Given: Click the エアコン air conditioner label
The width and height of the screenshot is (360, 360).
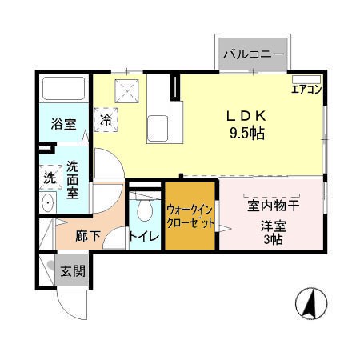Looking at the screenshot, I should [306, 90].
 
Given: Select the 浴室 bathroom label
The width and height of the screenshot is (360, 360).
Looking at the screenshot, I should [63, 124].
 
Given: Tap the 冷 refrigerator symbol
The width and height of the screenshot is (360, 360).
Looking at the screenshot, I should [106, 121].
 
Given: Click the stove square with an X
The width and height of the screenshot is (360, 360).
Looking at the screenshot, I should [127, 90].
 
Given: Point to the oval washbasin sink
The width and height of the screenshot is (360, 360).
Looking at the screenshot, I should [46, 203].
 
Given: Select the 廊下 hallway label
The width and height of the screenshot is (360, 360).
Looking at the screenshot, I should [88, 236].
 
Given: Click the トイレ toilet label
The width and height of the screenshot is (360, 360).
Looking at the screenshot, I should [144, 236].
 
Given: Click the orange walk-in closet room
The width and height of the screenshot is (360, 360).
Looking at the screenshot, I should [190, 216].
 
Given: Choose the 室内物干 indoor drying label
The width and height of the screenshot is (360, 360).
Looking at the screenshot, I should [273, 205].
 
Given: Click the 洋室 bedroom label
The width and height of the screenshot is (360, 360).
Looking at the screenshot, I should [272, 224].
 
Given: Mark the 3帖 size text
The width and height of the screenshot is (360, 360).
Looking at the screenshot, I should [272, 239].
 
